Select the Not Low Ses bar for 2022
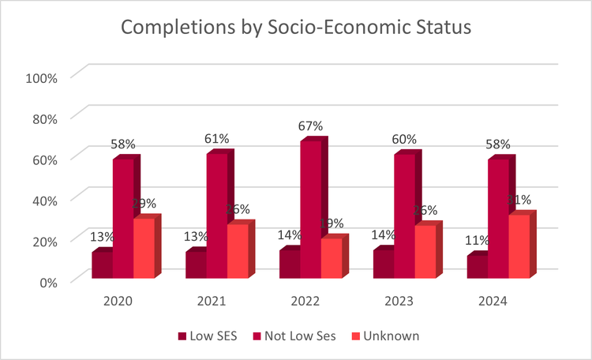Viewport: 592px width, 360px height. click(x=310, y=209)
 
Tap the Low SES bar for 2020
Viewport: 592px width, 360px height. click(x=102, y=265)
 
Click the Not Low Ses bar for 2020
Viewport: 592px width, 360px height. click(x=122, y=219)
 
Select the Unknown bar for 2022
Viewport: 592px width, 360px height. click(x=331, y=258)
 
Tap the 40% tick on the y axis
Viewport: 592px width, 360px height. click(x=44, y=200)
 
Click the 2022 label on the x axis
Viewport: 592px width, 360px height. click(x=305, y=302)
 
